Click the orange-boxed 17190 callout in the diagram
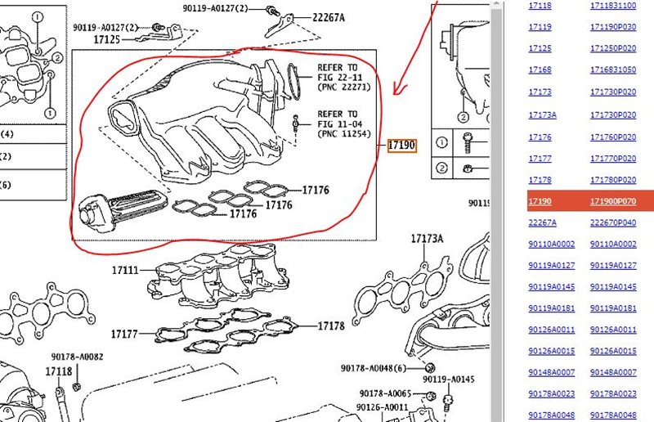(x=402, y=146)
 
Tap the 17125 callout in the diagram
(x=106, y=38)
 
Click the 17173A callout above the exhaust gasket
(x=427, y=239)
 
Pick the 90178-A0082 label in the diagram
(x=77, y=357)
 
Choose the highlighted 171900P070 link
(x=613, y=201)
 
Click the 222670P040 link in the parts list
(x=613, y=222)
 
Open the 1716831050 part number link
(x=613, y=70)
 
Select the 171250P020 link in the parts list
(x=613, y=48)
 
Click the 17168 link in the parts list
(x=540, y=70)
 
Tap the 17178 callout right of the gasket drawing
(x=329, y=326)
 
